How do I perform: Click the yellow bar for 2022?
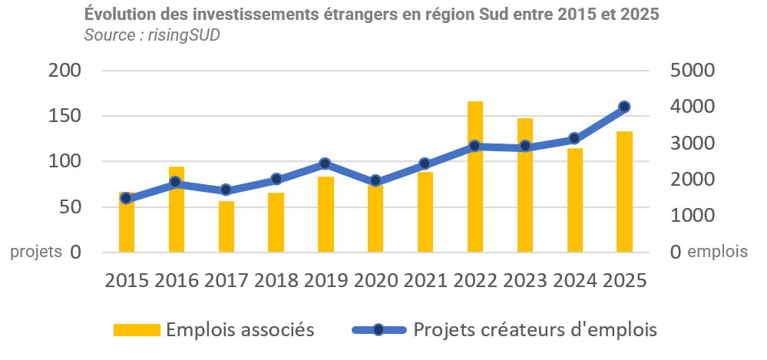[475, 177]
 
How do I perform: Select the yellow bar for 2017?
[226, 226]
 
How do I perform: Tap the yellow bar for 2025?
[624, 192]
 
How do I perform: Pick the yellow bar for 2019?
[326, 214]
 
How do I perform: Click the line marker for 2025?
[624, 107]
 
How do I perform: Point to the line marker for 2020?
[375, 181]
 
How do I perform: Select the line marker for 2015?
[127, 198]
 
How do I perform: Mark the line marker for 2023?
[525, 146]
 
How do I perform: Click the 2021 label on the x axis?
[425, 280]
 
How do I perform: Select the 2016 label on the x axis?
[177, 280]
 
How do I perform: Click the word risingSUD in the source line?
[183, 35]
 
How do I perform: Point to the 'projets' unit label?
[36, 252]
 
